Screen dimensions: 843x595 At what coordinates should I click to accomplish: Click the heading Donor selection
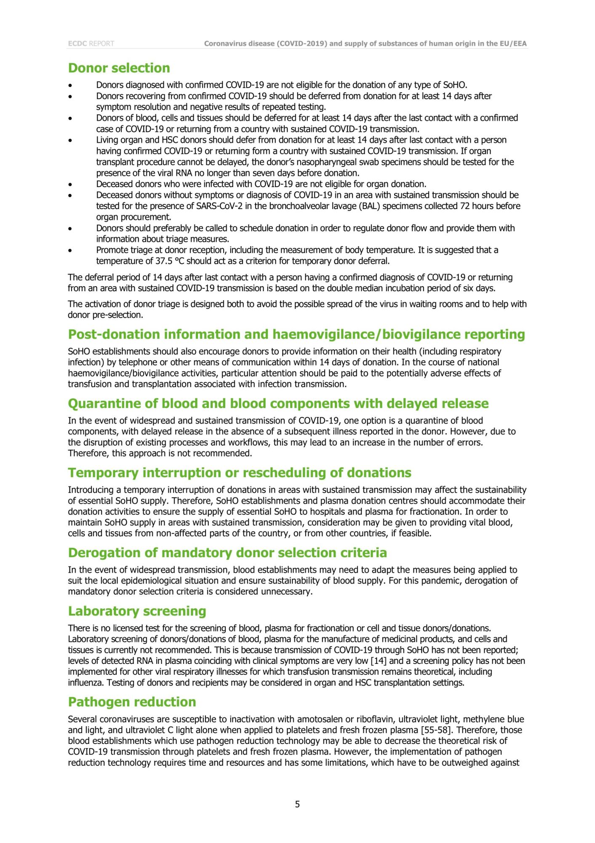tap(119, 68)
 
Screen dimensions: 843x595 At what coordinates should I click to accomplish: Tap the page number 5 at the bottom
tap(297, 804)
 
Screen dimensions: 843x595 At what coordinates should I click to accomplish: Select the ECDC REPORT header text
tap(91, 43)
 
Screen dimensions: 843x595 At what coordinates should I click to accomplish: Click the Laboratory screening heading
tap(137, 611)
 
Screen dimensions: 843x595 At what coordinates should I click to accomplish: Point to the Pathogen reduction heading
tap(132, 702)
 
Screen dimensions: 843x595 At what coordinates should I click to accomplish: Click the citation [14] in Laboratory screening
tap(379, 660)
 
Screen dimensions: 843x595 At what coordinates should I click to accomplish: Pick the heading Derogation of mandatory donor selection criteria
tap(227, 553)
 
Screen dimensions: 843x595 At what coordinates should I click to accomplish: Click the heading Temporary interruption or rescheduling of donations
tap(240, 473)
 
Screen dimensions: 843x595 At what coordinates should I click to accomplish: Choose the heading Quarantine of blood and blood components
tap(278, 403)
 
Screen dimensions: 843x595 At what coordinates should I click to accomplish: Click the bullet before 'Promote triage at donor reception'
tap(70, 250)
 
